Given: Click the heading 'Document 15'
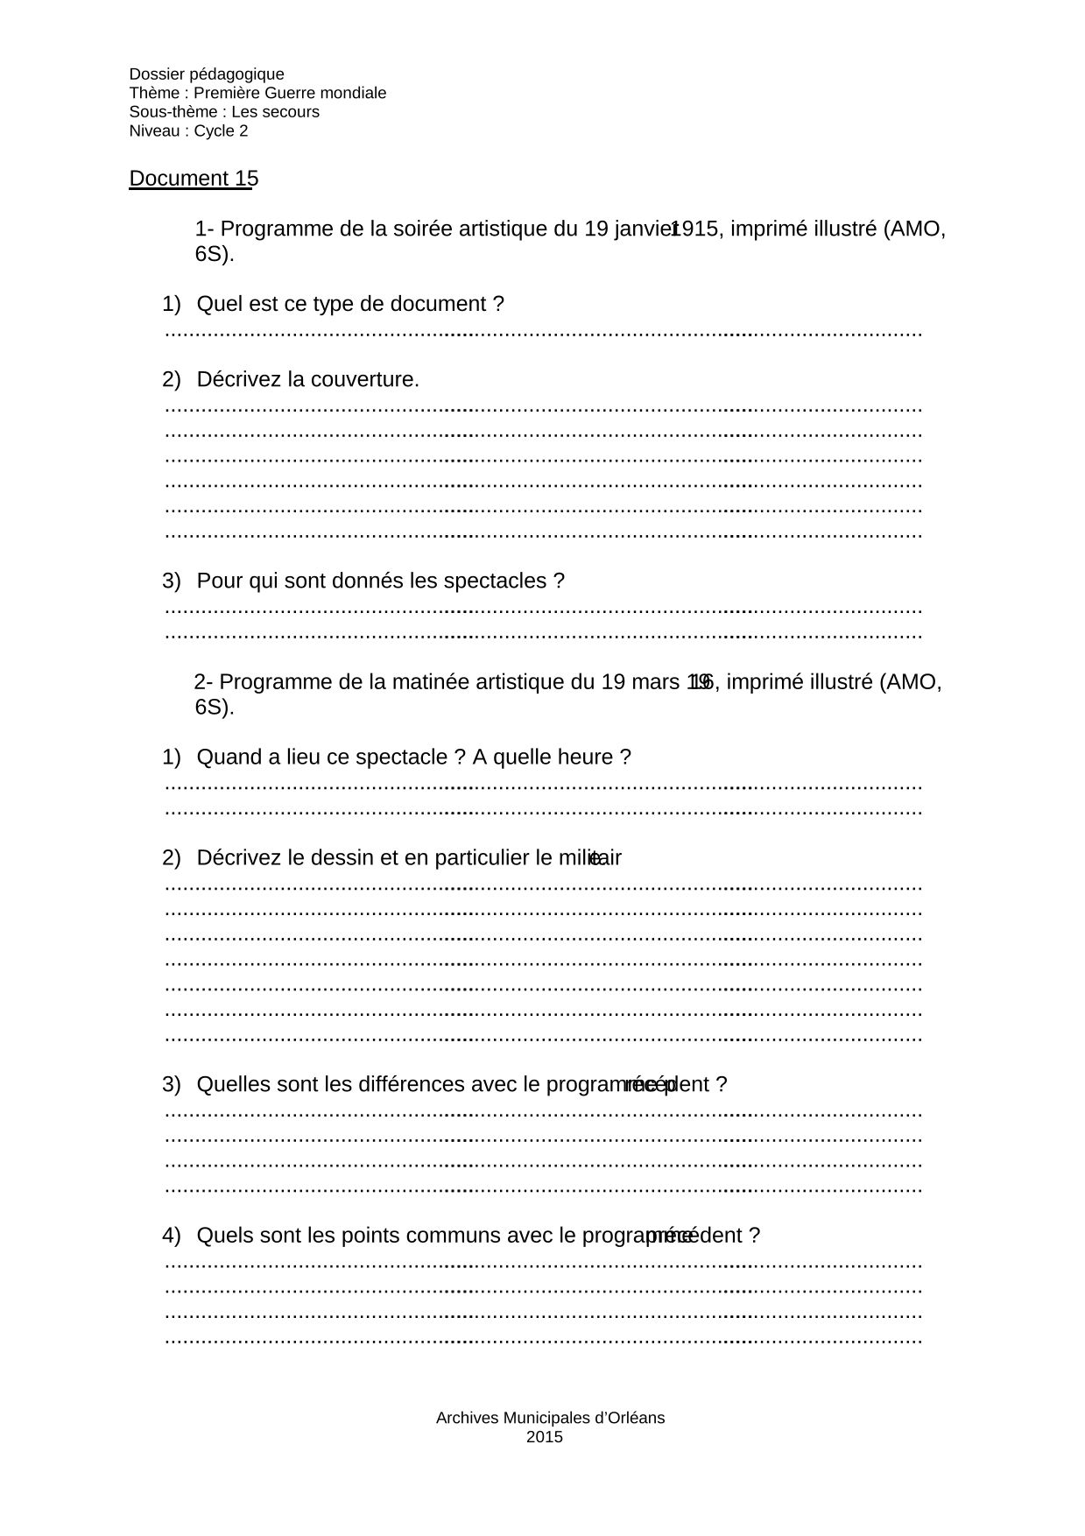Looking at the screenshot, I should tap(194, 179).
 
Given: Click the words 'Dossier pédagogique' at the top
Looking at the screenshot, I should tap(207, 74).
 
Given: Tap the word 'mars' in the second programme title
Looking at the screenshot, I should tap(660, 682).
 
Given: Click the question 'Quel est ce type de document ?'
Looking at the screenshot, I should tap(350, 305).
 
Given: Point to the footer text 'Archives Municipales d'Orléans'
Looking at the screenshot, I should tap(550, 1418).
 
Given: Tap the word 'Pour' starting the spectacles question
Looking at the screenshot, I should tap(219, 581).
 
